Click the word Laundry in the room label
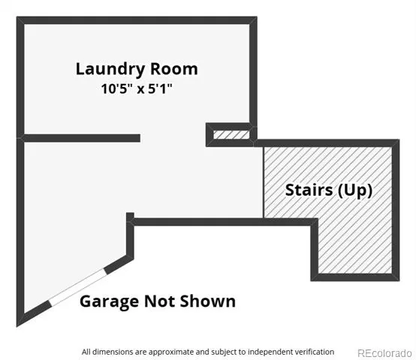coord(110,70)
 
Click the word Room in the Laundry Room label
coord(174,69)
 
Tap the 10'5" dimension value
coord(116,88)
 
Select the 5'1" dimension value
coord(160,88)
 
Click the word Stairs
coord(309,190)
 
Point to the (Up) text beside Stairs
coord(355,190)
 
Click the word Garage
coord(109,301)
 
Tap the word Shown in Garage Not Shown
coord(208,301)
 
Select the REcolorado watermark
coord(384,353)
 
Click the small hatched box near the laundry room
coord(231,134)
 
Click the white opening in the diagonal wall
coord(77,288)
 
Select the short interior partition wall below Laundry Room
coord(82,138)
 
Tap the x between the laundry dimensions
coord(140,89)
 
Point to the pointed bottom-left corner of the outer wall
coord(17,326)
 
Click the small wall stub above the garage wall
coord(130,216)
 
